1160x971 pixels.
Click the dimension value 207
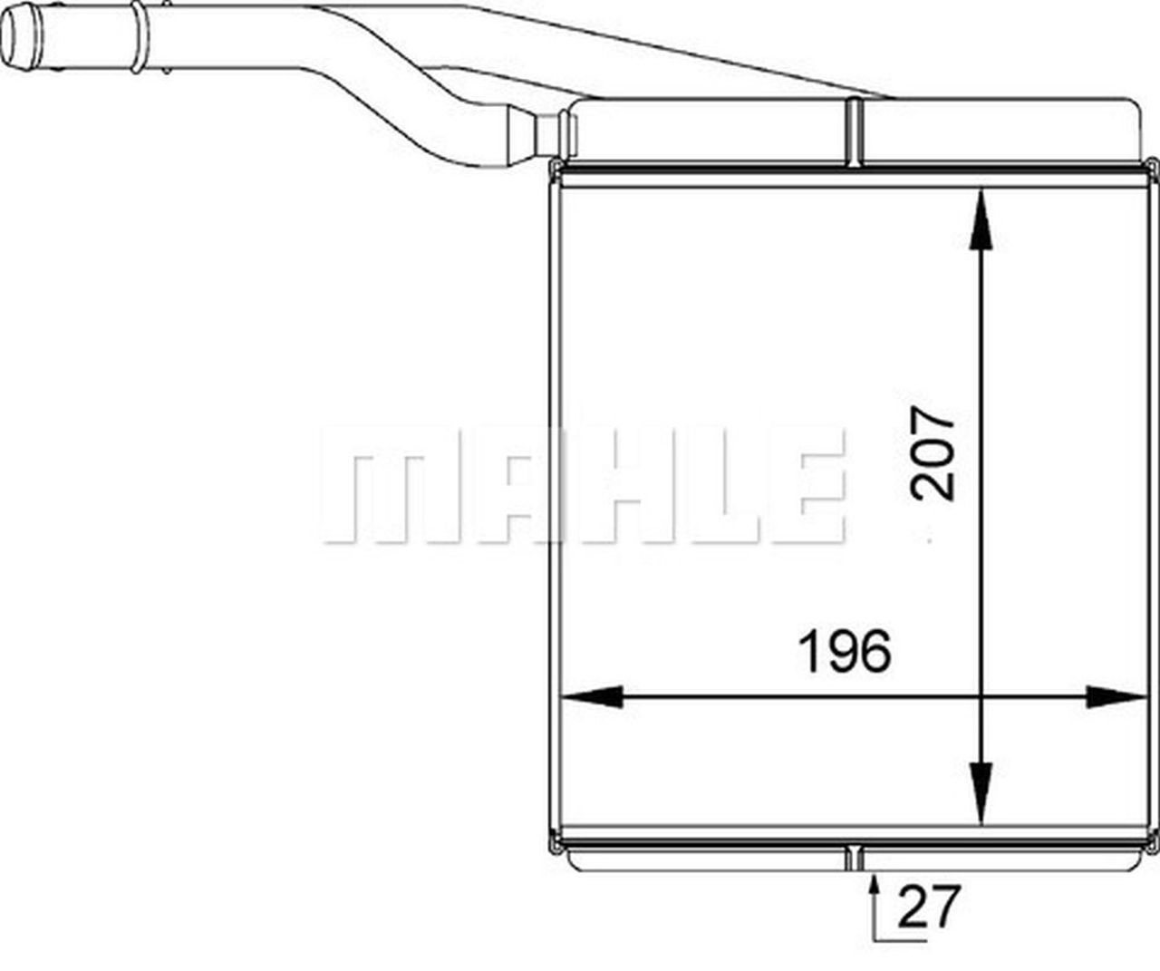(x=933, y=453)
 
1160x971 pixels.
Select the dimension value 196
(x=845, y=650)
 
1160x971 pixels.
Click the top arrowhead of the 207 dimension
(x=980, y=218)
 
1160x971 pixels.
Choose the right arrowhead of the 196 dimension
(x=1116, y=697)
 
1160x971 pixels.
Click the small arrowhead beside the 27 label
(x=875, y=884)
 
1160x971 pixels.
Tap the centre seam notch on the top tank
(x=854, y=132)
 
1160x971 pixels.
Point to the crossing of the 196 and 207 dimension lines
(x=980, y=697)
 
